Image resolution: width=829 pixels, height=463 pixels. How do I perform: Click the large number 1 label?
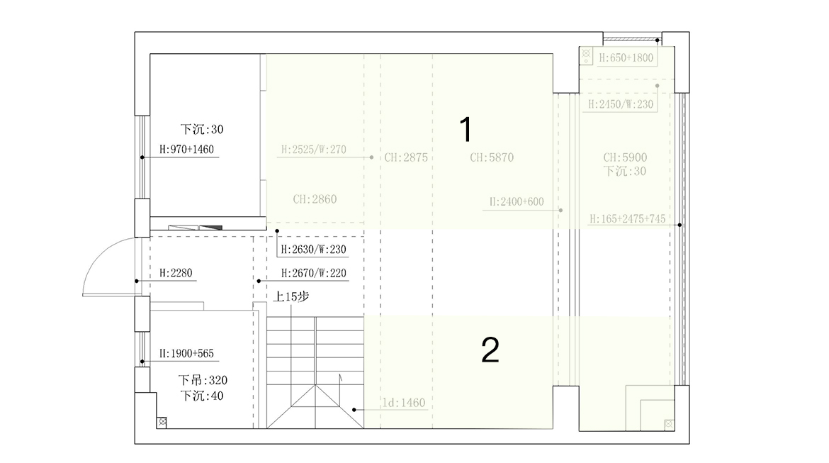[x=466, y=130]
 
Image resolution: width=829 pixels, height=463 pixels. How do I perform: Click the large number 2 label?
[x=490, y=350]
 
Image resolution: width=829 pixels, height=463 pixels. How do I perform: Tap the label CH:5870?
[x=491, y=157]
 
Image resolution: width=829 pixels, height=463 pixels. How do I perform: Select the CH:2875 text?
[x=406, y=157]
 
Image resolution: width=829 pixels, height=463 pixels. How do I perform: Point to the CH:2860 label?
[x=315, y=199]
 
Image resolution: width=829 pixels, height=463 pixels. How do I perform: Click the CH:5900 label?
[x=625, y=157]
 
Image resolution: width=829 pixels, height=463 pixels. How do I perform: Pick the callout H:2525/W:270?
[x=313, y=150]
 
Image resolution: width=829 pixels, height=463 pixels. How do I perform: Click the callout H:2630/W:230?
[x=313, y=250]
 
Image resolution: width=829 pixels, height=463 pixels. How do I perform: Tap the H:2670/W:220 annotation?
[x=313, y=273]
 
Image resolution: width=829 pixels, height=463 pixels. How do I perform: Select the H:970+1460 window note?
[x=186, y=149]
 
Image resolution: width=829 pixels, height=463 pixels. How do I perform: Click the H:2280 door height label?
[x=176, y=272]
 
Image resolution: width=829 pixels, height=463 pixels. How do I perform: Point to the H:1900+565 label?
[x=186, y=352]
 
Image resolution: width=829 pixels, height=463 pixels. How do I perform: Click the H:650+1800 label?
[x=626, y=58]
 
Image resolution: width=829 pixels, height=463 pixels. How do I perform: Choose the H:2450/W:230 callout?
[x=621, y=104]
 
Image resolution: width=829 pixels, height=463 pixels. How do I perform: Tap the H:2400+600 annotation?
[x=516, y=202]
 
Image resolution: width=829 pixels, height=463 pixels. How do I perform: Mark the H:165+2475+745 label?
[x=627, y=220]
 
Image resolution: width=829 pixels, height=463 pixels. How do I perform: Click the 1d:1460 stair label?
[x=403, y=403]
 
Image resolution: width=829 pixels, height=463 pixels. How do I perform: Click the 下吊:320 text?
[x=203, y=380]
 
